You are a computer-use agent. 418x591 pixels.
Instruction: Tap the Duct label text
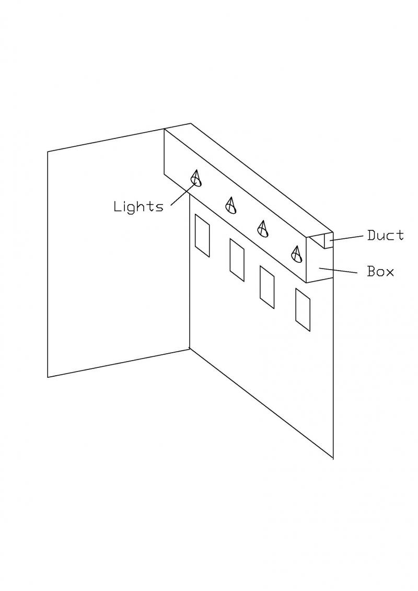(386, 236)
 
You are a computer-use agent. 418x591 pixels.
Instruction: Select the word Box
(381, 271)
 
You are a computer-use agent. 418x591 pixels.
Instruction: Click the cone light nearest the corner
(196, 178)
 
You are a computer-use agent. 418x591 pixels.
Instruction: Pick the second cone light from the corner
(231, 205)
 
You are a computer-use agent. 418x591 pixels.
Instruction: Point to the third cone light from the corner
(263, 228)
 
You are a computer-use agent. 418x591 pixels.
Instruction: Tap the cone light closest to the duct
(297, 253)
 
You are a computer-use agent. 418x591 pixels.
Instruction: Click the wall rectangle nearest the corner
(202, 236)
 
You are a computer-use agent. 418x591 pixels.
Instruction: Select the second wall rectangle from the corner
(237, 260)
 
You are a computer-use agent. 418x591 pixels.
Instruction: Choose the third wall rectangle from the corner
(267, 287)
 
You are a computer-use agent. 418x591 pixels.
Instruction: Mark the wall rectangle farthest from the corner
(303, 310)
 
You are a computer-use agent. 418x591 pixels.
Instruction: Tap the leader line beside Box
(338, 270)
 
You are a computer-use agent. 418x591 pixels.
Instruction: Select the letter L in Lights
(117, 206)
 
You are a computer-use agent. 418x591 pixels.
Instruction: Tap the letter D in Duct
(372, 236)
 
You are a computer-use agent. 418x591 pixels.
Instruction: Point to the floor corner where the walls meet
(189, 349)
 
